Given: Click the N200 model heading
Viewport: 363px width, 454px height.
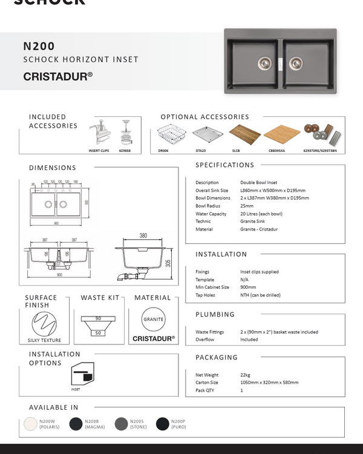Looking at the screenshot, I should pos(39,46).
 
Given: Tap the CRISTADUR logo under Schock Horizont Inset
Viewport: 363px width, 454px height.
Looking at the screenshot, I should pos(57,77).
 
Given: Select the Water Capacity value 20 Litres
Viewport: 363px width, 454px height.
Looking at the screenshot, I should pos(261,214).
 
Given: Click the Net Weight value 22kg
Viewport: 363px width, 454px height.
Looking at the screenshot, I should pos(245,375).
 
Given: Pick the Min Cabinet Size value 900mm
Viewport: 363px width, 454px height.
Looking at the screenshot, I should pos(248,288).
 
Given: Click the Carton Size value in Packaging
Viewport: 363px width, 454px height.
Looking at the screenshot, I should pos(269,383).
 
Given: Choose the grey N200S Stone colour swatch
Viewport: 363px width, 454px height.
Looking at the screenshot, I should pos(121,424).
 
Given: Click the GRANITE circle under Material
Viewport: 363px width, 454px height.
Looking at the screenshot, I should pos(153,319).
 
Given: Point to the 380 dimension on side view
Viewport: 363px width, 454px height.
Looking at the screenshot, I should pos(143,235).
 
